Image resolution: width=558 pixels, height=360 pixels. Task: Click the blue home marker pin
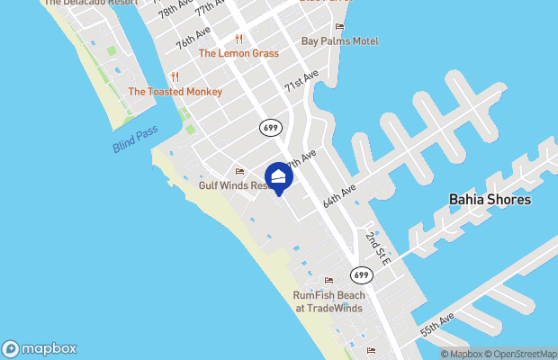point(279,177)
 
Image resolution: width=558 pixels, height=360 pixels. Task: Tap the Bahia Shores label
point(490,199)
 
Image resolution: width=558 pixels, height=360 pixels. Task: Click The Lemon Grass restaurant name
point(238,53)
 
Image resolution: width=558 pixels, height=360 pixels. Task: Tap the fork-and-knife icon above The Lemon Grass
point(238,39)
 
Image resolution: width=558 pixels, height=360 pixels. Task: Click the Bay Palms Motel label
point(339,41)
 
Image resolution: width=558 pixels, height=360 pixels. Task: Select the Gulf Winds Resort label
point(234,185)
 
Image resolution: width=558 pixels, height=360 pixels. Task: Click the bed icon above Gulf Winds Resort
point(239,171)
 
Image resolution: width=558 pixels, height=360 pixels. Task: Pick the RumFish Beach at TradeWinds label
point(328,301)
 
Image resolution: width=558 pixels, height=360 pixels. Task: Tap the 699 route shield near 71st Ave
point(269,128)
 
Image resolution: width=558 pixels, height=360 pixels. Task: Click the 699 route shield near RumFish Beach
point(361,274)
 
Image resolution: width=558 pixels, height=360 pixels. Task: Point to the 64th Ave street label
point(340,194)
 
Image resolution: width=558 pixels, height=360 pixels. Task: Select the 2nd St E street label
point(376,248)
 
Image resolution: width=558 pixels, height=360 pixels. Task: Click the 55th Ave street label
point(437,325)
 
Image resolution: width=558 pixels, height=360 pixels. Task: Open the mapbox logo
point(40,348)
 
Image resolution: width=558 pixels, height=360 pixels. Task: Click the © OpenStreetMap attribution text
point(524,354)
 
